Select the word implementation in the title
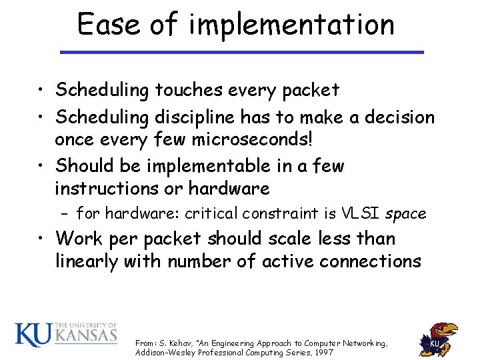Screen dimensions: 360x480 pyautogui.click(x=291, y=25)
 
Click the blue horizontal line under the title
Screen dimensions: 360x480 pyautogui.click(x=242, y=52)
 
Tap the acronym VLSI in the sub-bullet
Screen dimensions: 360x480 pyautogui.click(x=360, y=213)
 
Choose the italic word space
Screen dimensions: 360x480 pyautogui.click(x=405, y=214)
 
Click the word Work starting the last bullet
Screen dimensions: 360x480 pyautogui.click(x=79, y=238)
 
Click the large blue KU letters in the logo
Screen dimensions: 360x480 pyautogui.click(x=33, y=335)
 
